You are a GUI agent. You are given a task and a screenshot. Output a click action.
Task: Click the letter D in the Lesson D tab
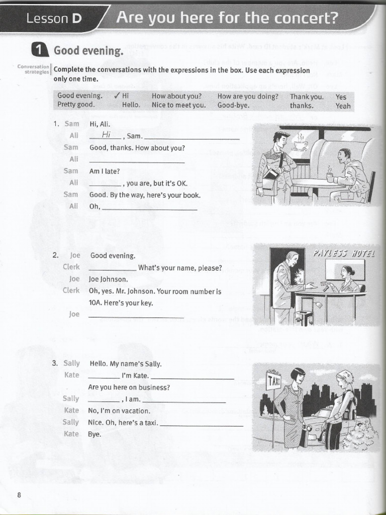point(76,19)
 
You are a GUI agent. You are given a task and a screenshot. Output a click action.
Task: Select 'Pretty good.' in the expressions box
point(76,106)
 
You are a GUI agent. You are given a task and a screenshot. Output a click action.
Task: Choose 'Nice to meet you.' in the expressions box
point(179,106)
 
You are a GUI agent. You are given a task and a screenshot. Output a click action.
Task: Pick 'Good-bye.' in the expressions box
point(233,106)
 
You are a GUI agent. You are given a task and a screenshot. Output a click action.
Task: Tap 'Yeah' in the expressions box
point(343,106)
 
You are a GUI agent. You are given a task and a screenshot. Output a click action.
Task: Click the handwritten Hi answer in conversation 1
point(106,135)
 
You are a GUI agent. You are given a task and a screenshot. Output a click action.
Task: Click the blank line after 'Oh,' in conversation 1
point(149,208)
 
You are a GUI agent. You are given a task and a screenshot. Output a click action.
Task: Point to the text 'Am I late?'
point(105,171)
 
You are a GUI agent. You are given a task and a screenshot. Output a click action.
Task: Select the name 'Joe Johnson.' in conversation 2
point(109,279)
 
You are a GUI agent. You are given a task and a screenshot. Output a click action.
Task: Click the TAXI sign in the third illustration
point(274,381)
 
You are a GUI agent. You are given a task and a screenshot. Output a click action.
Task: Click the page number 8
point(19,495)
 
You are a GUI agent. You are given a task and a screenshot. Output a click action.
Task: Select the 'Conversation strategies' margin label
point(33,69)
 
